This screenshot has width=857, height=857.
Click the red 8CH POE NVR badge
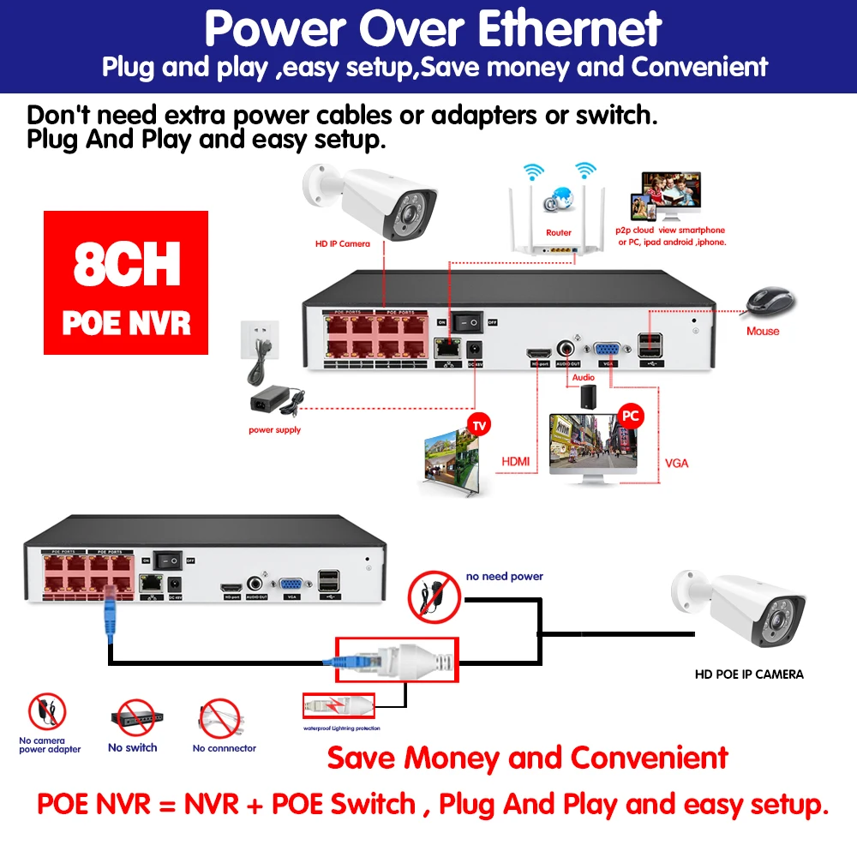coord(126,283)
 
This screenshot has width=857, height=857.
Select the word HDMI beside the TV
coord(514,462)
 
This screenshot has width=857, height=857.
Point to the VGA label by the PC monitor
coord(676,464)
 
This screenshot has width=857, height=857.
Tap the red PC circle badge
coord(631,417)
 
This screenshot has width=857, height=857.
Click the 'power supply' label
coord(274,430)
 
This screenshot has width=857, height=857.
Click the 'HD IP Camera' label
coord(343,244)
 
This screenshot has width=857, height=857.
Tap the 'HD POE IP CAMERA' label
coord(749,674)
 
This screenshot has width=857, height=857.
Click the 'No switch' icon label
coord(133,748)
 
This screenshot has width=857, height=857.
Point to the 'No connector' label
coord(225,748)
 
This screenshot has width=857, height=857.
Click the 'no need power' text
coord(505,577)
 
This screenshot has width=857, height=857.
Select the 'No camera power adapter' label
coord(50,746)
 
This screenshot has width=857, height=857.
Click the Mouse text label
coord(763,331)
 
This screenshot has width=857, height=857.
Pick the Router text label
coord(558,232)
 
